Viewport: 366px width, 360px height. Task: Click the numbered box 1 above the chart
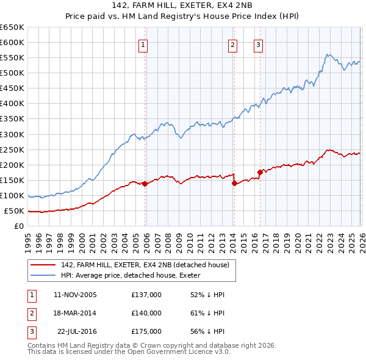tap(143, 44)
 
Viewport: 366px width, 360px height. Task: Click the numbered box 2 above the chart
tap(232, 44)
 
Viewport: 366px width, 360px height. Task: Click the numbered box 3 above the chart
tap(258, 44)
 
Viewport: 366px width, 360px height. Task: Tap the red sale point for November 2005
tap(145, 184)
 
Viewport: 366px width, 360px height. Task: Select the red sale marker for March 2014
tap(234, 183)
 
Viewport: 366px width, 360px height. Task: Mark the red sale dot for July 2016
tap(260, 172)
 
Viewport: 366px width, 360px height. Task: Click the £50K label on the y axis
tap(15, 211)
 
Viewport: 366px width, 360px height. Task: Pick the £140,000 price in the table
tap(146, 313)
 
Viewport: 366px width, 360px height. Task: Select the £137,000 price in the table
tap(146, 295)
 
